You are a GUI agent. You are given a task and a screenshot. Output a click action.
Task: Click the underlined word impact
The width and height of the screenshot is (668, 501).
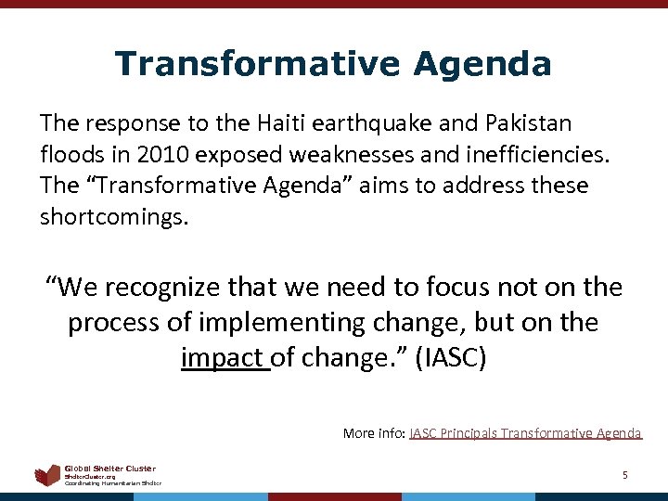pos(224,358)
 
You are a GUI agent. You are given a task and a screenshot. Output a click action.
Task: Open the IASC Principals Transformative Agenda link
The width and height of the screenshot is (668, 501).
pos(525,432)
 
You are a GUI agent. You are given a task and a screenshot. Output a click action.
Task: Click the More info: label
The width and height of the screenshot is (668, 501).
pos(374,432)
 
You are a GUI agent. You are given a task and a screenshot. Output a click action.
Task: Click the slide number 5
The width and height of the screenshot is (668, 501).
pos(624,475)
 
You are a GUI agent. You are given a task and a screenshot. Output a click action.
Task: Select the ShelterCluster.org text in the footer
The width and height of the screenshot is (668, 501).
pos(90,477)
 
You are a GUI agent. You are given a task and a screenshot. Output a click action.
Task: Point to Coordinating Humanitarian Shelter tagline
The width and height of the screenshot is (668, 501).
pos(112,483)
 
